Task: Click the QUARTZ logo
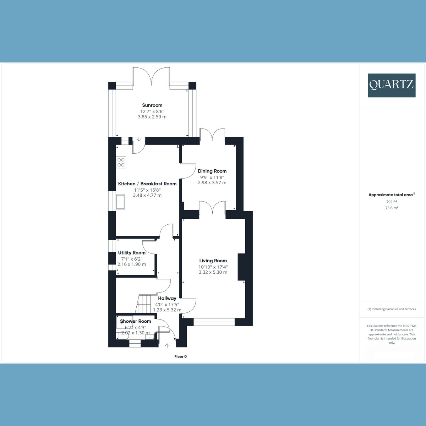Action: click(392, 85)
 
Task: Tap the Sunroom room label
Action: click(152, 105)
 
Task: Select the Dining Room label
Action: click(212, 171)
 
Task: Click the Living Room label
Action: click(213, 261)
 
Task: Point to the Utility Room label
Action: click(132, 253)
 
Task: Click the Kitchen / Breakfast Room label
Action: click(147, 184)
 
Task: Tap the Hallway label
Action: click(167, 298)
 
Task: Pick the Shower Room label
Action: click(136, 321)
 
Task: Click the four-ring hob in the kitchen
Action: click(121, 162)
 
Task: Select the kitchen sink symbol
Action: click(120, 202)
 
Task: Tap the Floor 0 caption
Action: click(180, 356)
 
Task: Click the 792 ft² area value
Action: click(392, 202)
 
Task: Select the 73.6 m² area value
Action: click(392, 208)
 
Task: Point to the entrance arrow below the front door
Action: click(167, 345)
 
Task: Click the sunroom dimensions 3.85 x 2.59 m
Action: click(152, 117)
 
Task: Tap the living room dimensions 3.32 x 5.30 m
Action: click(213, 272)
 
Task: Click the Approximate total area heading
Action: click(392, 195)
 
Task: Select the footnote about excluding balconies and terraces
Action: click(392, 309)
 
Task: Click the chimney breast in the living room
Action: click(242, 267)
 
